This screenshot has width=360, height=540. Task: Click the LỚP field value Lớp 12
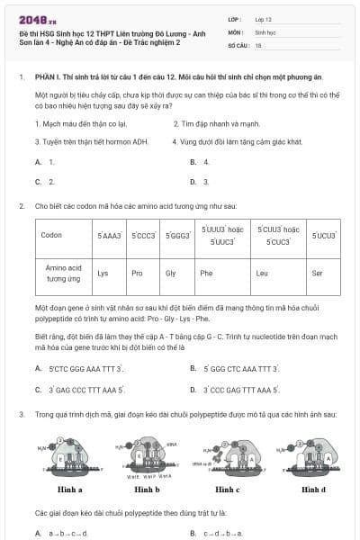click(264, 18)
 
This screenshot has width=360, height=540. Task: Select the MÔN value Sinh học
click(265, 31)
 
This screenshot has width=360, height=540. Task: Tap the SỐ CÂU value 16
click(258, 43)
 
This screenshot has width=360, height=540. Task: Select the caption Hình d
click(313, 490)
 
